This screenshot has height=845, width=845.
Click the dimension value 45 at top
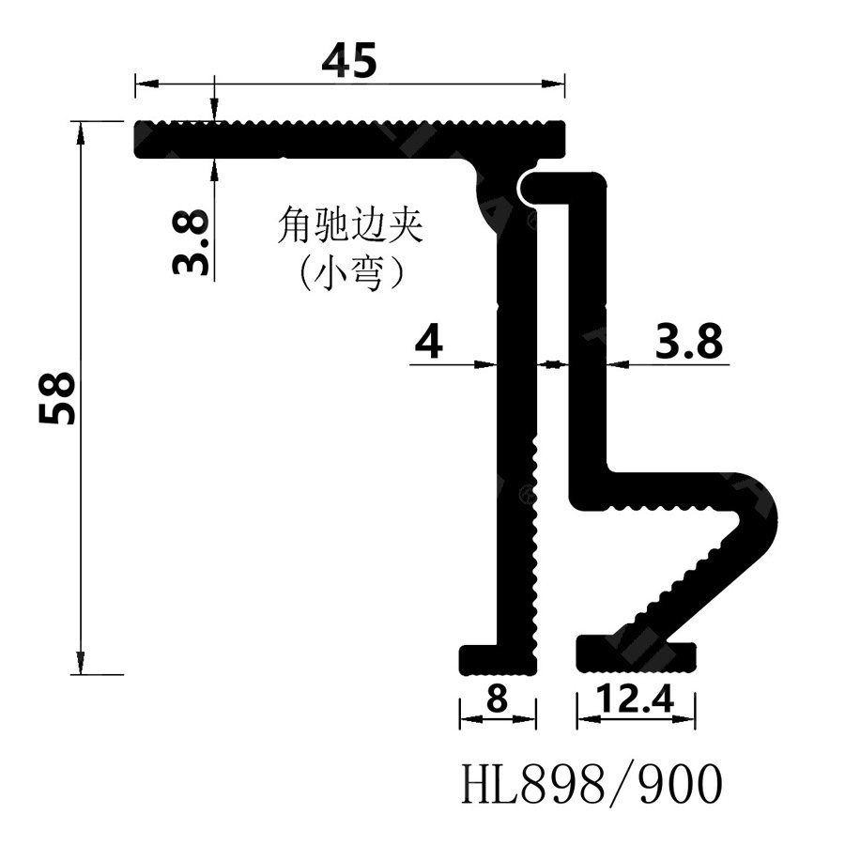point(349,61)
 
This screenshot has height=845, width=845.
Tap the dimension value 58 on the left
point(58,398)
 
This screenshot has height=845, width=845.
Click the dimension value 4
point(428,344)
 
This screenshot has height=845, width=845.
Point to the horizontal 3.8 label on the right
point(689,344)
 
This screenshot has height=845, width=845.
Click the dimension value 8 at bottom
point(498,699)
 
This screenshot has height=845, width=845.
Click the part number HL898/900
point(592,784)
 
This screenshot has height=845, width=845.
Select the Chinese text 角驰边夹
point(350,226)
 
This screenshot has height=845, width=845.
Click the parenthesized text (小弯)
point(350,274)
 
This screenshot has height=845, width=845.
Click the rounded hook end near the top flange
point(535,189)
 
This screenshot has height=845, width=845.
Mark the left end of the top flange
point(141,139)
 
